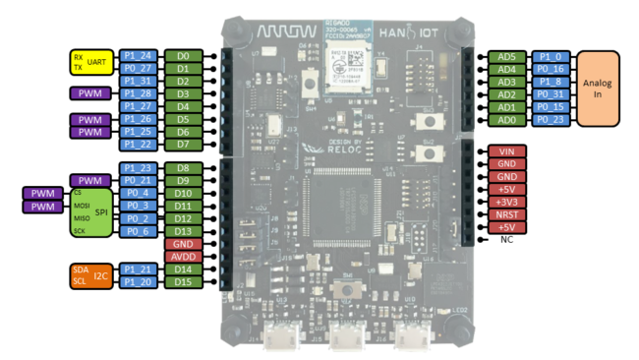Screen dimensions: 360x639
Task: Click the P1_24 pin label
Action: [140, 56]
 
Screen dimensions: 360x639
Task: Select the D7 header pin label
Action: [183, 145]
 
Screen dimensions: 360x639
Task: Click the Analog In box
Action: [598, 89]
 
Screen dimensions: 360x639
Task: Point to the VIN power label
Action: [507, 150]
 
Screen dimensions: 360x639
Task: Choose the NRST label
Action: [507, 214]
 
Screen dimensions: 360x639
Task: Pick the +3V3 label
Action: [507, 202]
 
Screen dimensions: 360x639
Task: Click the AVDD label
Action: [183, 256]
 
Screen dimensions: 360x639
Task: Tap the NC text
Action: [507, 239]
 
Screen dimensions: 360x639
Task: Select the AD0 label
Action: [507, 120]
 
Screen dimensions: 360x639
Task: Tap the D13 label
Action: [183, 231]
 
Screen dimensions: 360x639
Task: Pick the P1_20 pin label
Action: [140, 281]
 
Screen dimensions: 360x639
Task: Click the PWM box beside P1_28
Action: [89, 93]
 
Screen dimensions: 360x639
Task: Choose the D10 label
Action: [183, 194]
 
